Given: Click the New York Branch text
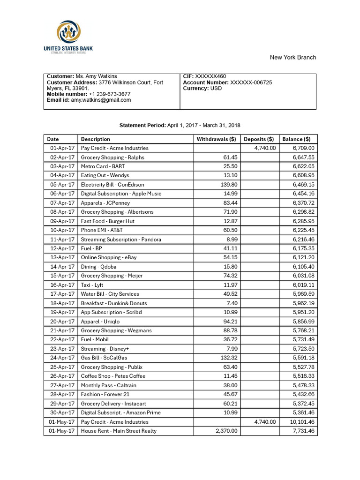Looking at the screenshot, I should tap(292, 57).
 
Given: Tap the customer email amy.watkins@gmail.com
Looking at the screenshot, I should tap(101, 100).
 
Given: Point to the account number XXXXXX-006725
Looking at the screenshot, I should tap(251, 82).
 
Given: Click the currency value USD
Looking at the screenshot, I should tap(216, 88).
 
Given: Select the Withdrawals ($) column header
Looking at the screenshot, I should tap(216, 139).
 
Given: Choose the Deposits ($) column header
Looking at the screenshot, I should tap(259, 139).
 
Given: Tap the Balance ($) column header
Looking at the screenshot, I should tap(296, 139).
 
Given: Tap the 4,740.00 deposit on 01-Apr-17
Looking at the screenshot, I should tap(265, 148).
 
